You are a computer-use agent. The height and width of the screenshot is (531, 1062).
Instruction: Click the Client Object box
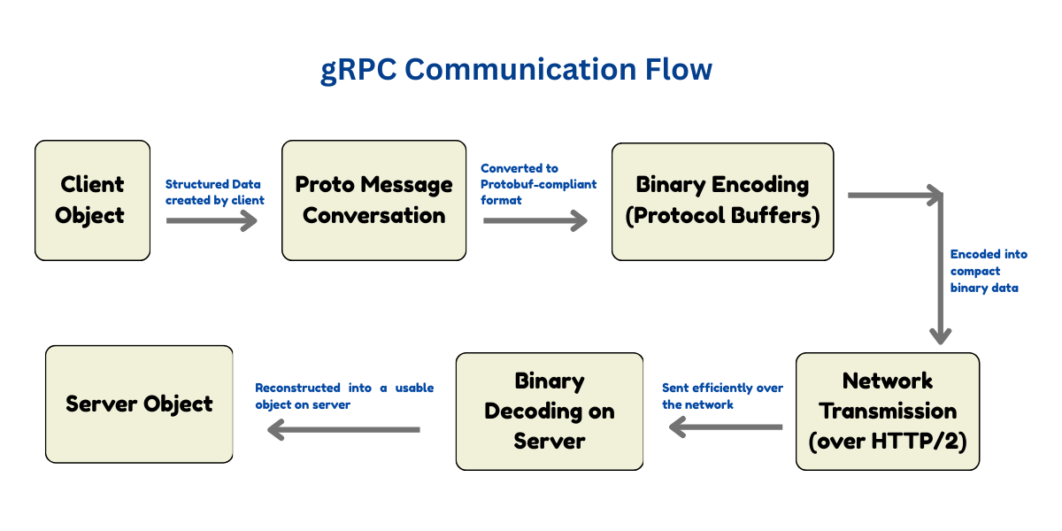92,200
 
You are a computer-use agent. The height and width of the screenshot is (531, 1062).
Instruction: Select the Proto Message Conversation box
374,200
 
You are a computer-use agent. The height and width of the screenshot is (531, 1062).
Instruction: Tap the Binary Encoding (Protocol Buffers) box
722,202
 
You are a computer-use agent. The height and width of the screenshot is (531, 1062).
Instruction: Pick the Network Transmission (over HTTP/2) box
888,411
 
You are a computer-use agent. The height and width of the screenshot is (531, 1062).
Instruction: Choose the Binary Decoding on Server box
550,411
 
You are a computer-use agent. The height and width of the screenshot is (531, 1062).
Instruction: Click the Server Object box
139,404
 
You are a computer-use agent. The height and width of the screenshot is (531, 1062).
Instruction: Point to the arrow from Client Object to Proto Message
212,220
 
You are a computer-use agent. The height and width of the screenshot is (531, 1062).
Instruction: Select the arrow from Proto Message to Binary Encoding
535,220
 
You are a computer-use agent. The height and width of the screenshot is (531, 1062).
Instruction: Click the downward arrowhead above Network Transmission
941,336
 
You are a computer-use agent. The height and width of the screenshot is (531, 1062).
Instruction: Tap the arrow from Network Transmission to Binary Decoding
726,427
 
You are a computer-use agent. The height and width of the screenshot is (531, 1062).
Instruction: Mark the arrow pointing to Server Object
343,429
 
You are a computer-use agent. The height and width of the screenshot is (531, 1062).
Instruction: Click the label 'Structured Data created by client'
215,192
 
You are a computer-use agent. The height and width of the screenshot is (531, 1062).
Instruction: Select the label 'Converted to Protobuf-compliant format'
539,184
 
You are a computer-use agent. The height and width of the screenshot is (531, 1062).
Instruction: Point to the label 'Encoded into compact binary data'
989,271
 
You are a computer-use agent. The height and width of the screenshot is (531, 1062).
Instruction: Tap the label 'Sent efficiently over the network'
722,396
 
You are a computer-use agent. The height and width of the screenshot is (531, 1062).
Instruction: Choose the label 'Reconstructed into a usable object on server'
344,396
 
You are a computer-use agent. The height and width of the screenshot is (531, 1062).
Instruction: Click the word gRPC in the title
358,70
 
